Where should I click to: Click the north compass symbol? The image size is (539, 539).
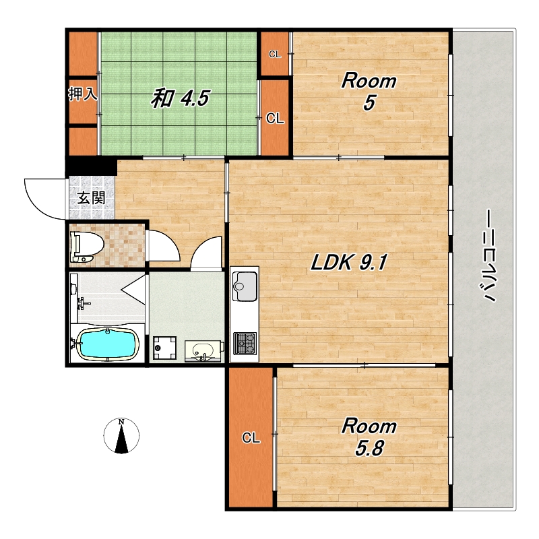click(121, 436)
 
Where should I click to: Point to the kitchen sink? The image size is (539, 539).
click(245, 286)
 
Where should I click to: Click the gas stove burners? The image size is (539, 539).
click(245, 344)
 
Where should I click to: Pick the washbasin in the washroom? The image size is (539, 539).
click(203, 351)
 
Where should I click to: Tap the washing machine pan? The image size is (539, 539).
click(164, 348)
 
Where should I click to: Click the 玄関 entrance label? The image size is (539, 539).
click(91, 198)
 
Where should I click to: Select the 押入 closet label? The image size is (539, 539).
click(83, 94)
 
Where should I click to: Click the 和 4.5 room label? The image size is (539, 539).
click(180, 98)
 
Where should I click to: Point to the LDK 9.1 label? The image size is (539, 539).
click(349, 263)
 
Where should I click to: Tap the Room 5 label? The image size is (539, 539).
click(369, 92)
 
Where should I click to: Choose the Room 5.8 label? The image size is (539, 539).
click(369, 437)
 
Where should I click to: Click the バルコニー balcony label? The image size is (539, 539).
click(488, 255)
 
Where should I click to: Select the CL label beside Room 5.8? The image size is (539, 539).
click(251, 438)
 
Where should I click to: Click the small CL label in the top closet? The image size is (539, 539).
click(275, 55)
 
